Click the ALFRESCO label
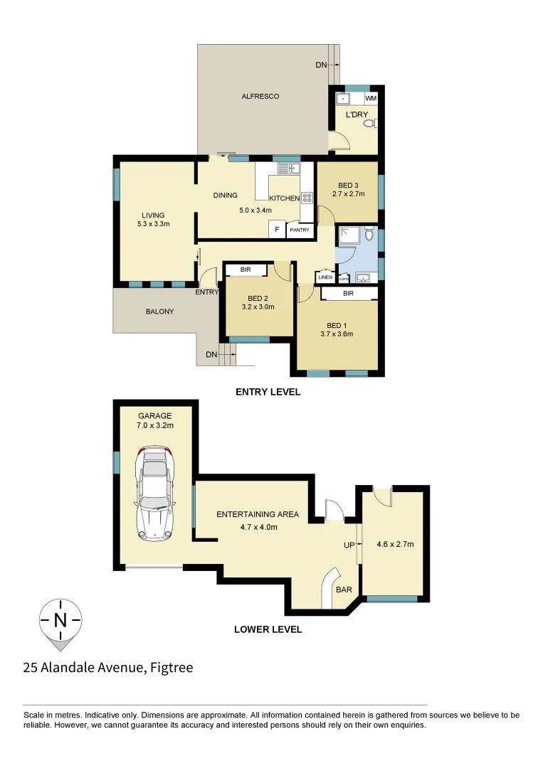[260, 96]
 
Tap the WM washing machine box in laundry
[371, 98]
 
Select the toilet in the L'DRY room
[369, 124]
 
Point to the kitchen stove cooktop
[307, 198]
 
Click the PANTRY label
[300, 230]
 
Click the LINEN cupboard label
[326, 277]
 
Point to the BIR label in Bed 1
[349, 292]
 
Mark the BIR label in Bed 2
[246, 270]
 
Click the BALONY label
[160, 311]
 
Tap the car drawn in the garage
[156, 492]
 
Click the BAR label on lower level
[344, 590]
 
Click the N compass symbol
[60, 620]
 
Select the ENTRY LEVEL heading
[268, 392]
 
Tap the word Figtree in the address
[172, 668]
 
